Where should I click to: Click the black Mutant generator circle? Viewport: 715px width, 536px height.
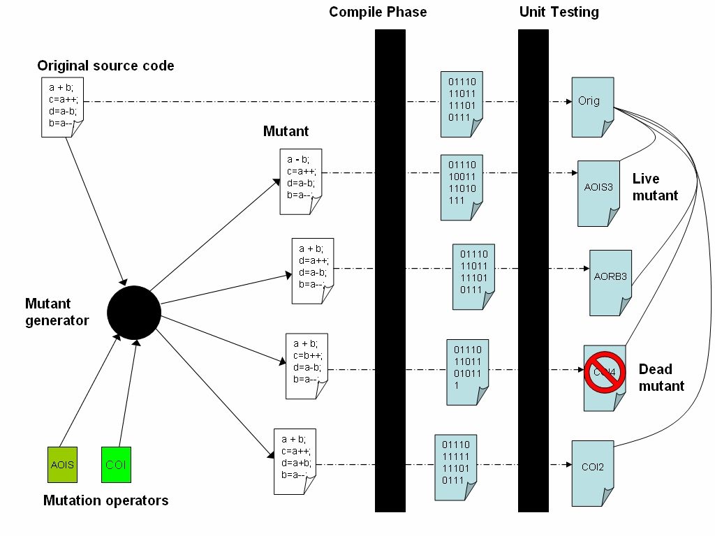pos(134,313)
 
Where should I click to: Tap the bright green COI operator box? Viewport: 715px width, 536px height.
pos(116,465)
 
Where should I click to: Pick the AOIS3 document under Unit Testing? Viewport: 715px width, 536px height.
pos(598,193)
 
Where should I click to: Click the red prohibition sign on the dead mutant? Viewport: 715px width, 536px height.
pos(604,373)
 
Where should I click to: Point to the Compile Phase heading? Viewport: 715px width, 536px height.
pos(378,12)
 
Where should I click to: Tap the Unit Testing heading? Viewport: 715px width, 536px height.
pos(559,12)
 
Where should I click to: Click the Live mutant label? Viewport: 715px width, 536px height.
pos(654,187)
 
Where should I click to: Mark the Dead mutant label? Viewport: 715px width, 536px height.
pos(661,377)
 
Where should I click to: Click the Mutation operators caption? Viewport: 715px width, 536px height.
pos(105,500)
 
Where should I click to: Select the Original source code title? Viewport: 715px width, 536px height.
pos(105,66)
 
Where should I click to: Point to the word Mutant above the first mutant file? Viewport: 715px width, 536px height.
pos(286,131)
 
